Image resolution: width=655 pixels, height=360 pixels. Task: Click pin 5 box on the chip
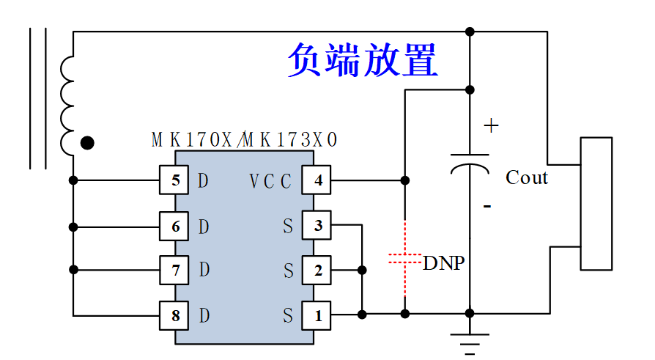174,180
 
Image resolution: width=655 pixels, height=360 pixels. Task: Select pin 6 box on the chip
174,227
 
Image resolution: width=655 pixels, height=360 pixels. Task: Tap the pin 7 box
174,270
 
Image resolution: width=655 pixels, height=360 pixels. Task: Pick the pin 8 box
174,315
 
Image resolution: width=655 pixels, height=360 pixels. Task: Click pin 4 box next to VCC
317,180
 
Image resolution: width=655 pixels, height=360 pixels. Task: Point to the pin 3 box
317,225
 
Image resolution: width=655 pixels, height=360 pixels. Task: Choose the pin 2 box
317,270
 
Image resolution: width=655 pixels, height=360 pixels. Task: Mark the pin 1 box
317,315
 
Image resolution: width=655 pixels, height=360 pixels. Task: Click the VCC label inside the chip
270,181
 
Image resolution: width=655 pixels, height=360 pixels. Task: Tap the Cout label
527,177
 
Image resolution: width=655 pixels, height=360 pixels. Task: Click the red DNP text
444,263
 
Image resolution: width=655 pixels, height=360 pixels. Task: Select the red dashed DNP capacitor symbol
404,258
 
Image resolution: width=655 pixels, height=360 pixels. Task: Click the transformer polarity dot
87,143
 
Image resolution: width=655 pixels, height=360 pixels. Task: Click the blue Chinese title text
363,60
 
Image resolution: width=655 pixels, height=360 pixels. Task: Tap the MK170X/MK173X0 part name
245,139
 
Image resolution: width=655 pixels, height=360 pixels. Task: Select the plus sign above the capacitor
491,125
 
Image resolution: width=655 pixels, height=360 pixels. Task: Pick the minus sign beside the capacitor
487,206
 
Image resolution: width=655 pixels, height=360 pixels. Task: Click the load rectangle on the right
596,204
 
